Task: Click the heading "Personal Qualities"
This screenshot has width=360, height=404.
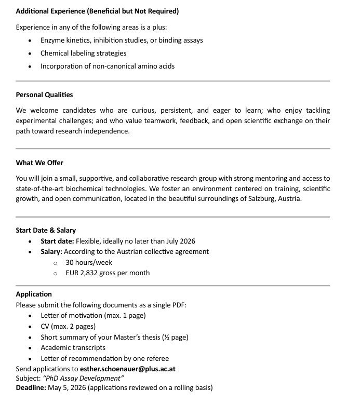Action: tap(44, 95)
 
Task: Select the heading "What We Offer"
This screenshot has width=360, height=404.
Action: tap(39, 163)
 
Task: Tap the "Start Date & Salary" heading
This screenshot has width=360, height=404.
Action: tap(46, 230)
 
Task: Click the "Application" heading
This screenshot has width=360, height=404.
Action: tap(34, 294)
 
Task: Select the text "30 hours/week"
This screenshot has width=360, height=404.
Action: tap(89, 262)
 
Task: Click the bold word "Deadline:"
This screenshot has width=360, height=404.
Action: tap(31, 388)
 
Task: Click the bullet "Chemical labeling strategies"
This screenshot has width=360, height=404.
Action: tap(83, 53)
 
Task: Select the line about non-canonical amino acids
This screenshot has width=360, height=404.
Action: tap(108, 66)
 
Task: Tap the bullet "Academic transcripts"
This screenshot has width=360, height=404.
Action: tap(73, 347)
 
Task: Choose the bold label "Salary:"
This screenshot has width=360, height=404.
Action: tap(51, 251)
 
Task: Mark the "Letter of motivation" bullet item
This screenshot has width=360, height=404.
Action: tap(93, 315)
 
